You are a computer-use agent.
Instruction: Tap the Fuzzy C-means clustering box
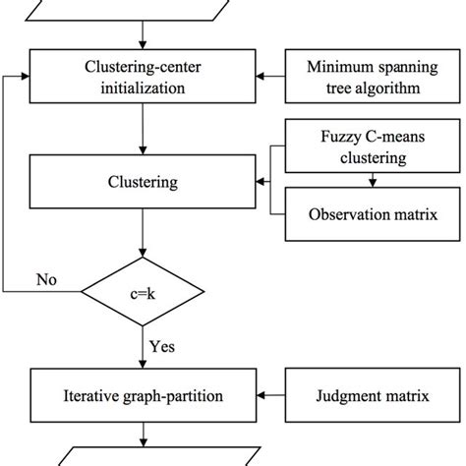[x=374, y=146]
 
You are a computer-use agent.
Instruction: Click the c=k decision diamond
[x=146, y=292]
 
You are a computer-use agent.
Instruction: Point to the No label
[x=45, y=279]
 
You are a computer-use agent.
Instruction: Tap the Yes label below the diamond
[x=163, y=346]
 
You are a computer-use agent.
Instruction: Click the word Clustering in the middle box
[x=146, y=181]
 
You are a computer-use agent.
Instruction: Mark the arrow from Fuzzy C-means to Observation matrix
[x=374, y=180]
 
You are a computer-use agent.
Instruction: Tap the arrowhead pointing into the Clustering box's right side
[x=263, y=181]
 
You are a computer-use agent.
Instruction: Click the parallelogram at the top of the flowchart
[x=146, y=12]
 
